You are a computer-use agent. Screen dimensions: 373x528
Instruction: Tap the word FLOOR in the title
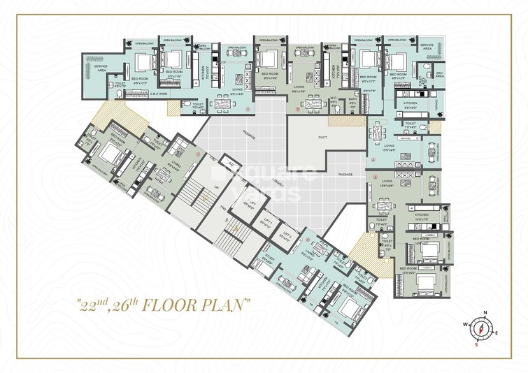coord(186,305)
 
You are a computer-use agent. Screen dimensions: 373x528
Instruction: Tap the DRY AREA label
coord(440,74)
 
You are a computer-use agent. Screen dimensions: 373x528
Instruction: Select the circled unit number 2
coord(248,110)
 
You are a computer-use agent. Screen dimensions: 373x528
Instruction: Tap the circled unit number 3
coord(297,110)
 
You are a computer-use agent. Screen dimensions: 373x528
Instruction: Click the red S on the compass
coord(475,344)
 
